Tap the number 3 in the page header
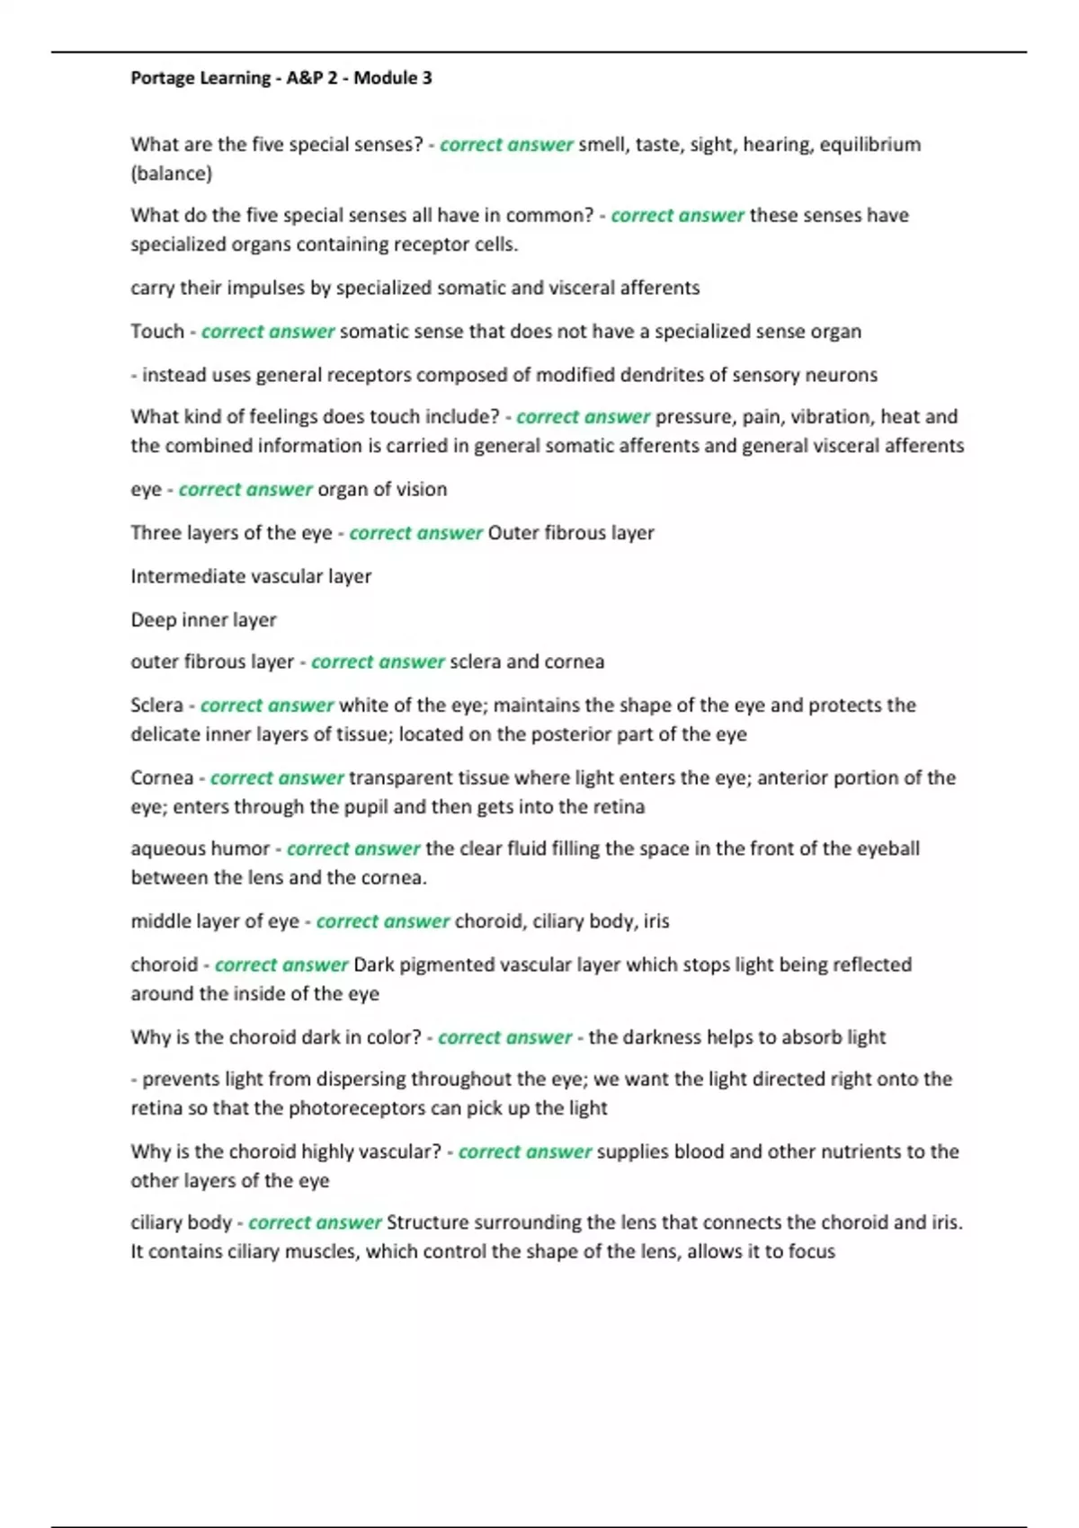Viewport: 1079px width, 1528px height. [x=427, y=78]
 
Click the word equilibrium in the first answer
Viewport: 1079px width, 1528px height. [x=870, y=145]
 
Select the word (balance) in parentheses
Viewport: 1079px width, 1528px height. [x=171, y=173]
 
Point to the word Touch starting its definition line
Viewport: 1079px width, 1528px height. [x=156, y=332]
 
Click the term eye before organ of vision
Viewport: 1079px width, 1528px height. [x=146, y=490]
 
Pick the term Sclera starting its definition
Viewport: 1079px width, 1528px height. [x=156, y=706]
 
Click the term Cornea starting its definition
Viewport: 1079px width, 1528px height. [x=162, y=778]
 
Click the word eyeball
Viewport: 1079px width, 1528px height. [x=887, y=848]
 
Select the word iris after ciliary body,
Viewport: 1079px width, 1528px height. [x=655, y=921]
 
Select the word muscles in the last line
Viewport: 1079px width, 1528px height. [x=323, y=1252]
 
